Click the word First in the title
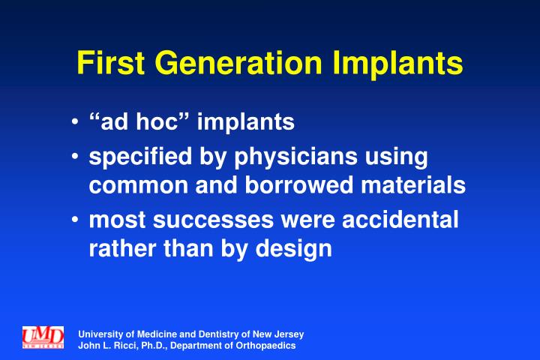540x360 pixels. pos(109,63)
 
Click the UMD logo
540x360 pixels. pos(43,337)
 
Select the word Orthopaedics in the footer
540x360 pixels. pos(266,346)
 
